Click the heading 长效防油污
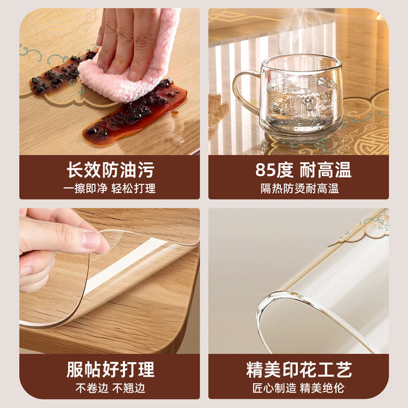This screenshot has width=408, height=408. pyautogui.click(x=110, y=170)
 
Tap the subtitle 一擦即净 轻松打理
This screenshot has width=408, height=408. pyautogui.click(x=110, y=189)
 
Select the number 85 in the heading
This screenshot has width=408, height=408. pyautogui.click(x=265, y=170)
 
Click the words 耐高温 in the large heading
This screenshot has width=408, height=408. pyautogui.click(x=326, y=170)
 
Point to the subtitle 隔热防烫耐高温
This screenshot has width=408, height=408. pyautogui.click(x=300, y=189)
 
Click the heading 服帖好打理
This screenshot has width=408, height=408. pyautogui.click(x=110, y=369)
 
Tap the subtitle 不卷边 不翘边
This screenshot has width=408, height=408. pyautogui.click(x=110, y=388)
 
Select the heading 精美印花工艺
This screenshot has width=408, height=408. pyautogui.click(x=299, y=369)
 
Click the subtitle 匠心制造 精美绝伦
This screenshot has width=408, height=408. pyautogui.click(x=298, y=388)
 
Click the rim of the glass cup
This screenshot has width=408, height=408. pyautogui.click(x=302, y=63)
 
